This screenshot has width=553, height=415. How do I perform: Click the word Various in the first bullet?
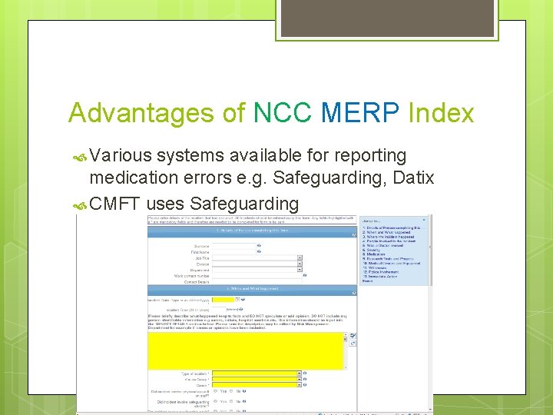pos(121,155)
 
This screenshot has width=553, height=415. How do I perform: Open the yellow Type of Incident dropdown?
pos(255,373)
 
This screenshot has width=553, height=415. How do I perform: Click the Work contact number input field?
pos(255,274)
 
